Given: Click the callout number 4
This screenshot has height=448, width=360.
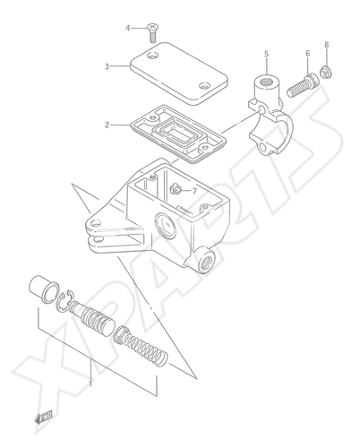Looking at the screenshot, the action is [x=128, y=28].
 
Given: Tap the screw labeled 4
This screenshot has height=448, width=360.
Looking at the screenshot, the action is [x=152, y=33].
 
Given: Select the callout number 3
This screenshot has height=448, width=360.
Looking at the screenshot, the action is [x=107, y=66].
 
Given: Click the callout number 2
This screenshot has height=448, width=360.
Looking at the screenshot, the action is [x=107, y=125].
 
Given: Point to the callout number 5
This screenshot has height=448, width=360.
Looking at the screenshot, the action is [x=266, y=54].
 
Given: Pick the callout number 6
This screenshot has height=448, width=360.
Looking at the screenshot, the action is [x=307, y=54].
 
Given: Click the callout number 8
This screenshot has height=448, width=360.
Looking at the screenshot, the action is [x=327, y=45].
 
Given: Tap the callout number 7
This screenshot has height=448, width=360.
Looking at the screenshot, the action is [x=194, y=191].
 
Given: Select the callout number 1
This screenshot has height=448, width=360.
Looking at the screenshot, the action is [x=90, y=383].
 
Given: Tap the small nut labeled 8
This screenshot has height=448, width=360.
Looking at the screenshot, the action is [x=326, y=73].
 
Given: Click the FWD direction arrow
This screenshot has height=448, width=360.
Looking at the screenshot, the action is [x=44, y=417].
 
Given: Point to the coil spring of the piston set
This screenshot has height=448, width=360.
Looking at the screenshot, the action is [x=141, y=346].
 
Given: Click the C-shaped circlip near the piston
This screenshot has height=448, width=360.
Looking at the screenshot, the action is [x=63, y=301].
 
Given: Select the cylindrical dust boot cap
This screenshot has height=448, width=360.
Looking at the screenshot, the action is [x=44, y=288].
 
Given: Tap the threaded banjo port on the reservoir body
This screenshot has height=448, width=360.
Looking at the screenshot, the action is [x=207, y=260].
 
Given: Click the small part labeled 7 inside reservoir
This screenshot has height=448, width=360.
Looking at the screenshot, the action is [x=176, y=189].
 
